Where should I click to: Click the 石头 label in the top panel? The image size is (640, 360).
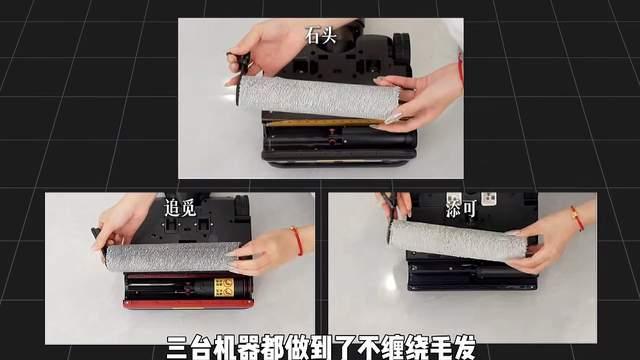click(320, 36)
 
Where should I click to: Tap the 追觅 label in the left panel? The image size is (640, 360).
click(180, 208)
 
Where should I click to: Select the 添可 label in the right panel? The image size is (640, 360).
click(461, 209)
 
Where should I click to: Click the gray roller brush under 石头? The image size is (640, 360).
click(319, 97)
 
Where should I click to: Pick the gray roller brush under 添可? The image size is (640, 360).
click(458, 240)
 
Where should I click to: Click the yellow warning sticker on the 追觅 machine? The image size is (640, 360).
click(224, 287)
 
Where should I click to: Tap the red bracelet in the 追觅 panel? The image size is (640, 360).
click(297, 241)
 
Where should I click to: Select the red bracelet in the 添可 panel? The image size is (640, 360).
click(577, 218)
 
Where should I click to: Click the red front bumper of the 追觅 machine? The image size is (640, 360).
click(188, 304)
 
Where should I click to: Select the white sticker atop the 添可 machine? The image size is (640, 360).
click(489, 198)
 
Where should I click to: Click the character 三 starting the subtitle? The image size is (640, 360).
click(178, 348)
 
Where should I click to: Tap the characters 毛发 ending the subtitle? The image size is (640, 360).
click(453, 348)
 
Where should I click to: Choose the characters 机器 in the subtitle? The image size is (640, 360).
click(237, 348)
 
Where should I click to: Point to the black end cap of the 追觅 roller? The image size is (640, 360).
click(101, 245)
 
